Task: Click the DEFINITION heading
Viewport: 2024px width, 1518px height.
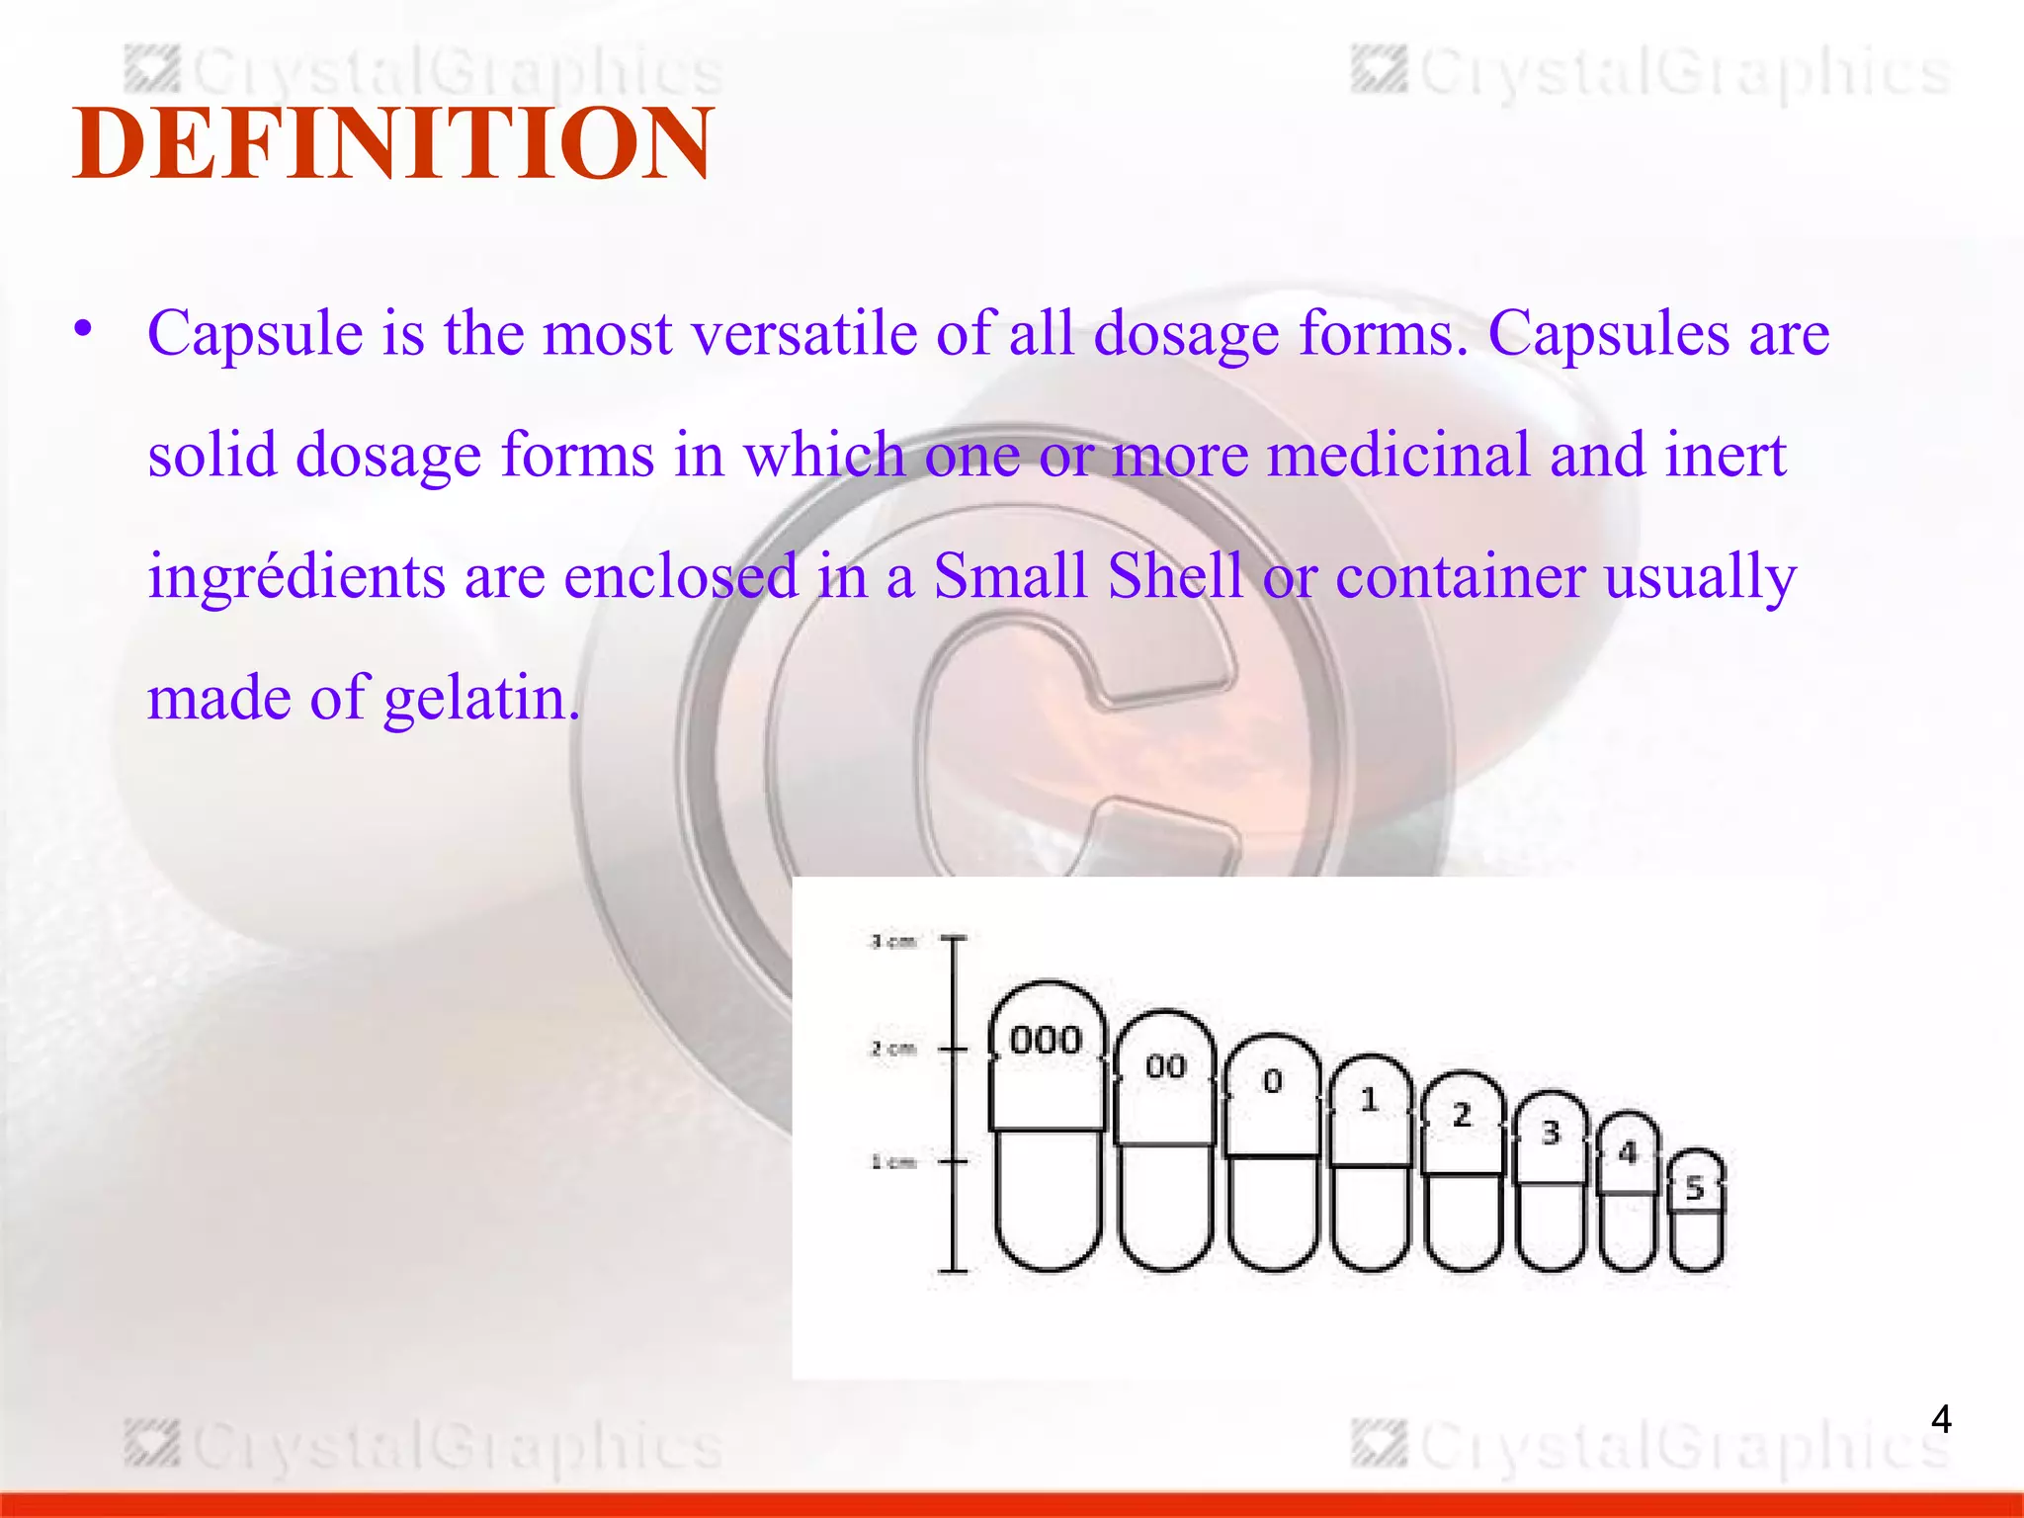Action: tap(392, 144)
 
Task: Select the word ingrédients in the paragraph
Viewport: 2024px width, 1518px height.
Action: tap(296, 576)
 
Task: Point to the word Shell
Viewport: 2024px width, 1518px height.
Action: tap(1174, 576)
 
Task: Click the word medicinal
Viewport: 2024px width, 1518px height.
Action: tap(1398, 456)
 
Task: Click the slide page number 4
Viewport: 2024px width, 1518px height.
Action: tap(1941, 1419)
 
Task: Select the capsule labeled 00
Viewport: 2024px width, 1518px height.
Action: tap(1165, 1141)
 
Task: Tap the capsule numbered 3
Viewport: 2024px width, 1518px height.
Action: tap(1551, 1182)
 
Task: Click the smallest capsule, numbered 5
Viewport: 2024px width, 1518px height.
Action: tap(1696, 1212)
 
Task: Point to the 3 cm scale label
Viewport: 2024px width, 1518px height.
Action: tap(893, 942)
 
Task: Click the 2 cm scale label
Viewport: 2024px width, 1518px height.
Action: tap(893, 1049)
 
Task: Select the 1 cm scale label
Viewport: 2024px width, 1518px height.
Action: tap(893, 1162)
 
